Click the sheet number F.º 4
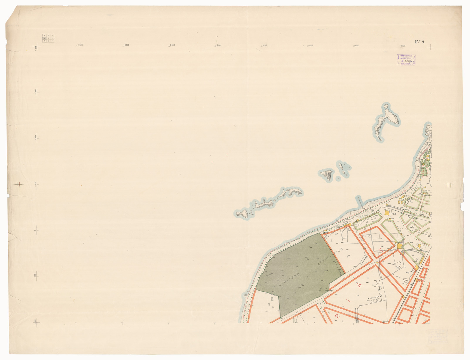pyautogui.click(x=420, y=42)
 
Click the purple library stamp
pyautogui.click(x=406, y=60)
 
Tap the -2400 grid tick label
pyautogui.click(x=80, y=45)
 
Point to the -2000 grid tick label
pyautogui.click(x=172, y=45)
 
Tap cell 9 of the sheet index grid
pyautogui.click(x=52, y=41)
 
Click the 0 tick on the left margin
pyautogui.click(x=35, y=231)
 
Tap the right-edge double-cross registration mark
pyautogui.click(x=449, y=185)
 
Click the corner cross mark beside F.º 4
pyautogui.click(x=430, y=47)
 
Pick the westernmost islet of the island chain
pyautogui.click(x=242, y=214)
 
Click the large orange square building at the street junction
pyautogui.click(x=400, y=246)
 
